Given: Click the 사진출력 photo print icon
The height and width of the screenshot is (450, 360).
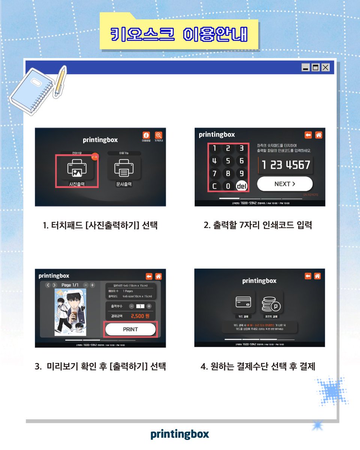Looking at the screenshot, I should [x=77, y=169].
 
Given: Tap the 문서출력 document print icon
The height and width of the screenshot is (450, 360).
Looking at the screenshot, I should [x=124, y=169].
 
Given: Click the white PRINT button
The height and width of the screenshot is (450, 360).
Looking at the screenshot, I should [x=130, y=329].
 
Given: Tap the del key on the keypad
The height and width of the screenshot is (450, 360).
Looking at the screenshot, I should [x=241, y=186].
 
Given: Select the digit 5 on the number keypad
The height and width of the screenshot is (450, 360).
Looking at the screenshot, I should [x=228, y=161].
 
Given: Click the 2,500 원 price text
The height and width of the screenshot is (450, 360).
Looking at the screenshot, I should [x=140, y=316].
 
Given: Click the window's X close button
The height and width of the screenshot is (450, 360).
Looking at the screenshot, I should [x=325, y=67].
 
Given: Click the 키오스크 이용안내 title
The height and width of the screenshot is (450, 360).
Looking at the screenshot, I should [x=179, y=34].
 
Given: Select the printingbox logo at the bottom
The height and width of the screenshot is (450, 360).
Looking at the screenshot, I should [x=180, y=434].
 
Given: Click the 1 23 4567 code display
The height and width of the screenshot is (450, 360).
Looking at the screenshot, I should [x=286, y=165].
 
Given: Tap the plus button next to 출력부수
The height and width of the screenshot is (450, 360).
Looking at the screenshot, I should [x=149, y=306].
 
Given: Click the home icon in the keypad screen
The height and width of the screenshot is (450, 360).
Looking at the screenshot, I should [x=318, y=135].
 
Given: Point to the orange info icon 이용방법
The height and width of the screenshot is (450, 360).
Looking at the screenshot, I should [x=146, y=135].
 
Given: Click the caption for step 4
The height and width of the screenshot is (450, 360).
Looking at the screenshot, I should [x=258, y=366].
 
